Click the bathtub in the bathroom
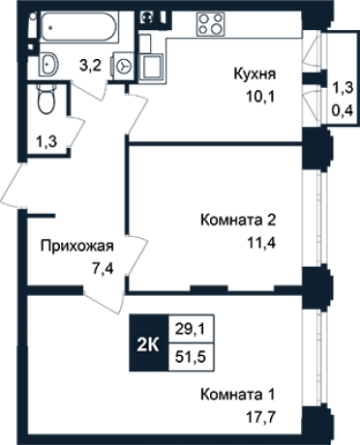point(76,31)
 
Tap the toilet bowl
point(44,102)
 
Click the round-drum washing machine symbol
point(123,64)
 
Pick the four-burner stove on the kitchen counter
point(211,25)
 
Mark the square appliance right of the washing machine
point(153,64)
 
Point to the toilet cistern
point(44,88)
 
